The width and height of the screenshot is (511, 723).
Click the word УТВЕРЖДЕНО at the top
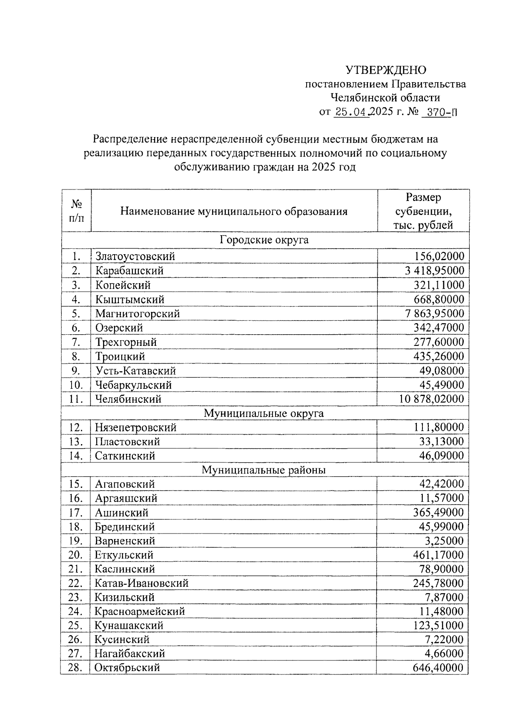point(385,70)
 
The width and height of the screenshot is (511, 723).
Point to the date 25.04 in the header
point(352,112)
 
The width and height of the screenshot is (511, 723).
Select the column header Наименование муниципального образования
point(234,211)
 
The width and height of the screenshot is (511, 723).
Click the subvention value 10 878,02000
point(431,399)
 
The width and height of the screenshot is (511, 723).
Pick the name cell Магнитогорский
point(138,314)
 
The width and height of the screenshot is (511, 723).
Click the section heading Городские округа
point(264,240)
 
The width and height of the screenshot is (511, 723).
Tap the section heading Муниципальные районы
point(264,470)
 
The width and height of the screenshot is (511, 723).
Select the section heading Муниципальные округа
point(264,413)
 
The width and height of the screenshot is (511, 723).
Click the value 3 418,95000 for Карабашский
point(435,271)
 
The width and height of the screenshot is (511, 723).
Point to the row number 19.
point(75,541)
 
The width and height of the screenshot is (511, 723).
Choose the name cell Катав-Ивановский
point(141,583)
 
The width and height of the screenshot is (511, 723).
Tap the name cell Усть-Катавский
point(135,371)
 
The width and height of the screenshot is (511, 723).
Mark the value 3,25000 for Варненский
point(445,541)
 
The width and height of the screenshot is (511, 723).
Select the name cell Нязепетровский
point(135,427)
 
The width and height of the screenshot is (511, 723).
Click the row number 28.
point(75,668)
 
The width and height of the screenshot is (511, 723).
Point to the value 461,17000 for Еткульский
point(438,555)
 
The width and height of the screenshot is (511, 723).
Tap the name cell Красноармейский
point(140,611)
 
